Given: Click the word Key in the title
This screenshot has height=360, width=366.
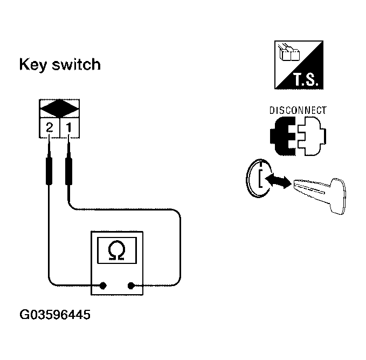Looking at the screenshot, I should pos(32,65).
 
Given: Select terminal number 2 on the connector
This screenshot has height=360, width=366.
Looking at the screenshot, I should pos(49,128).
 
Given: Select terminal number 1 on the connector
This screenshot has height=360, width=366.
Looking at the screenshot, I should pos(69,128).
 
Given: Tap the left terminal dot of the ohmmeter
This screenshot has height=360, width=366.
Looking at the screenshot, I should pos(103,286).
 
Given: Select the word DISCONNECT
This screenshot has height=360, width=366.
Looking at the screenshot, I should pos(297,110).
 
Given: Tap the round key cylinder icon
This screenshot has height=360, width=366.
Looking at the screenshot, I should pos(259,180).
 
